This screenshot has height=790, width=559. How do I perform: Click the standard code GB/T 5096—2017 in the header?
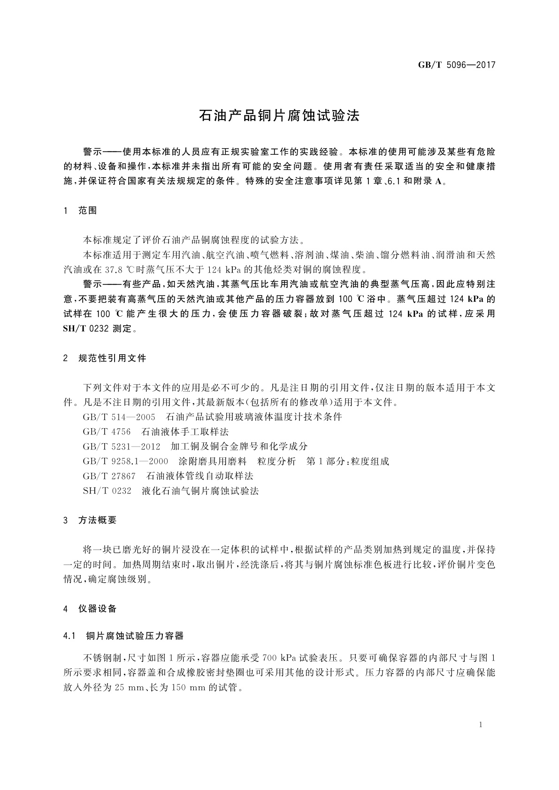456,65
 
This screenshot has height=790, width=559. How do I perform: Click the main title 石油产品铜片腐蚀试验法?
279,116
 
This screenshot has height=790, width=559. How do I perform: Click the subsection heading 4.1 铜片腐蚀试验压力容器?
123,636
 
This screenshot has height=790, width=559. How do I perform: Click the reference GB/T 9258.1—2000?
125,461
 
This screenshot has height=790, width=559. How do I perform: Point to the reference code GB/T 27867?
109,476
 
